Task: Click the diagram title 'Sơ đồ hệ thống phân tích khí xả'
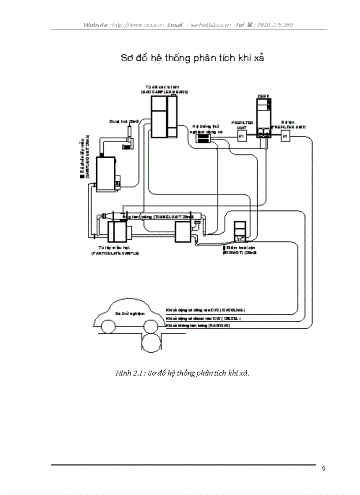[x=192, y=58]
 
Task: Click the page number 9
[x=323, y=469]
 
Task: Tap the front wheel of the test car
[x=110, y=328]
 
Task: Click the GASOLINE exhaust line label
[x=205, y=310]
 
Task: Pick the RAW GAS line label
[x=198, y=325]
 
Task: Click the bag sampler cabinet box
[x=164, y=116]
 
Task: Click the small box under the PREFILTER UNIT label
[x=241, y=137]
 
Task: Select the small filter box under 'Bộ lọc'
[x=285, y=137]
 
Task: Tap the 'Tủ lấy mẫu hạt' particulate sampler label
[x=115, y=250]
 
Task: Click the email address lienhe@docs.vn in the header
[x=210, y=25]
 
